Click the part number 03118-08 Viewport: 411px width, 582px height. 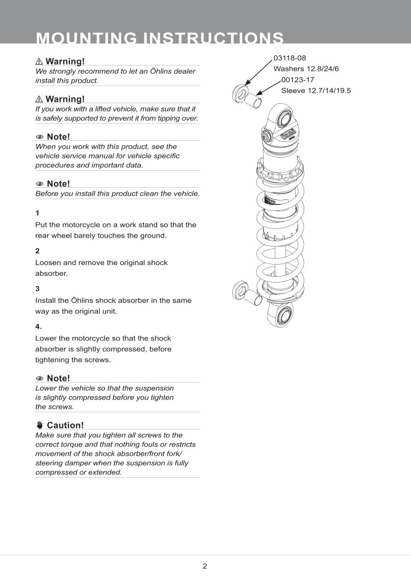290,58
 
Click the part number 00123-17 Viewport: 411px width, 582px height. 298,80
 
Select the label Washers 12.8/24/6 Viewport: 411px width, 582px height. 306,68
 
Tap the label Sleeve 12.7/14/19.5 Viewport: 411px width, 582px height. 316,90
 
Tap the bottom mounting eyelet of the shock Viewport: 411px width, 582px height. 283,317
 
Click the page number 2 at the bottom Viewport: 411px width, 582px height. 205,566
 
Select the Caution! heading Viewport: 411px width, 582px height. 65,425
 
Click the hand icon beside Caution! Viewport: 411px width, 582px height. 40,425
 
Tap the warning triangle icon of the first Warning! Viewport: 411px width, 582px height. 39,62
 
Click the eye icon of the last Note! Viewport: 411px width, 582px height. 40,378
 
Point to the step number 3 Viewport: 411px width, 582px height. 37,289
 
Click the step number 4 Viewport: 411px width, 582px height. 38,326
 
